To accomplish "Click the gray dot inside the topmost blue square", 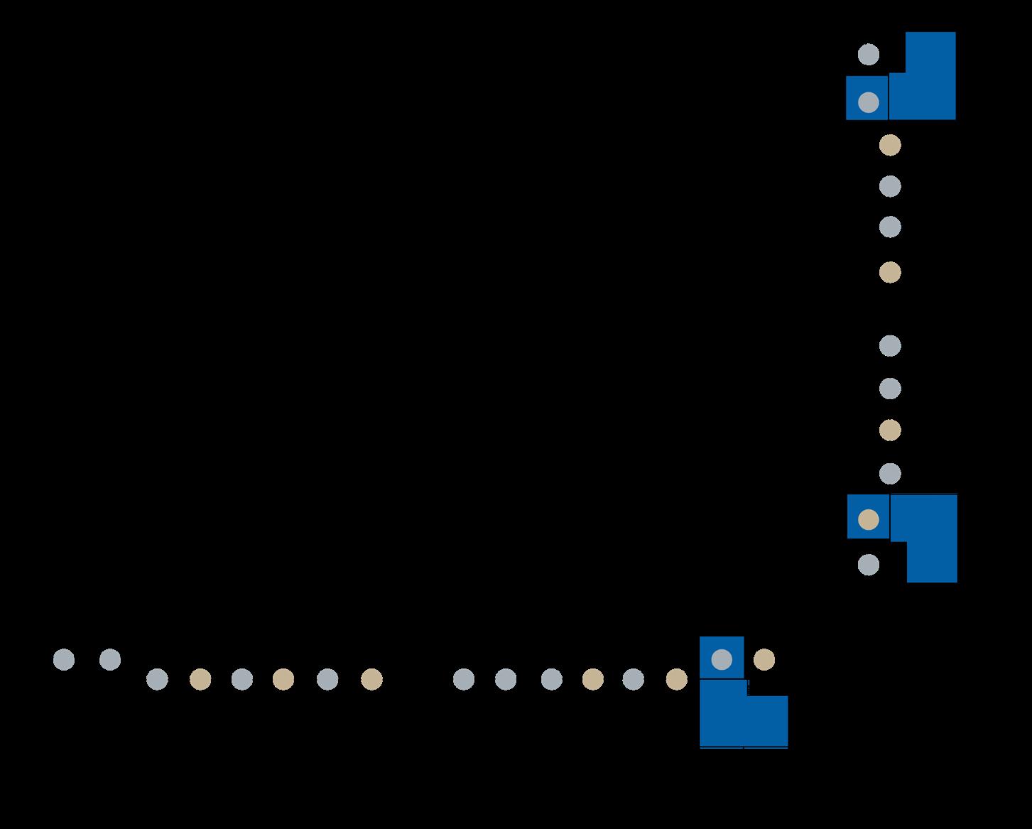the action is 868,102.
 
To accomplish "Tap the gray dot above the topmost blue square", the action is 868,55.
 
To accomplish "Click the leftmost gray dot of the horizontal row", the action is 64,659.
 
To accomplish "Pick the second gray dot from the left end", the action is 110,659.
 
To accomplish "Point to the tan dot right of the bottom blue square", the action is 764,659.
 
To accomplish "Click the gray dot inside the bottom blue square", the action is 722,659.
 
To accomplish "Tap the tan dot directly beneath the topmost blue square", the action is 890,145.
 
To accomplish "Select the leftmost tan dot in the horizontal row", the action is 200,680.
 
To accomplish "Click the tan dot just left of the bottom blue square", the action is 676,680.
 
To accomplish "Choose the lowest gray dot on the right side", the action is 868,565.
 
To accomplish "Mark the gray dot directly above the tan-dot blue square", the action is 890,473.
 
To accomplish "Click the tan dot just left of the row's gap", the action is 371,680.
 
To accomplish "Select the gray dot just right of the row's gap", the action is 463,680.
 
